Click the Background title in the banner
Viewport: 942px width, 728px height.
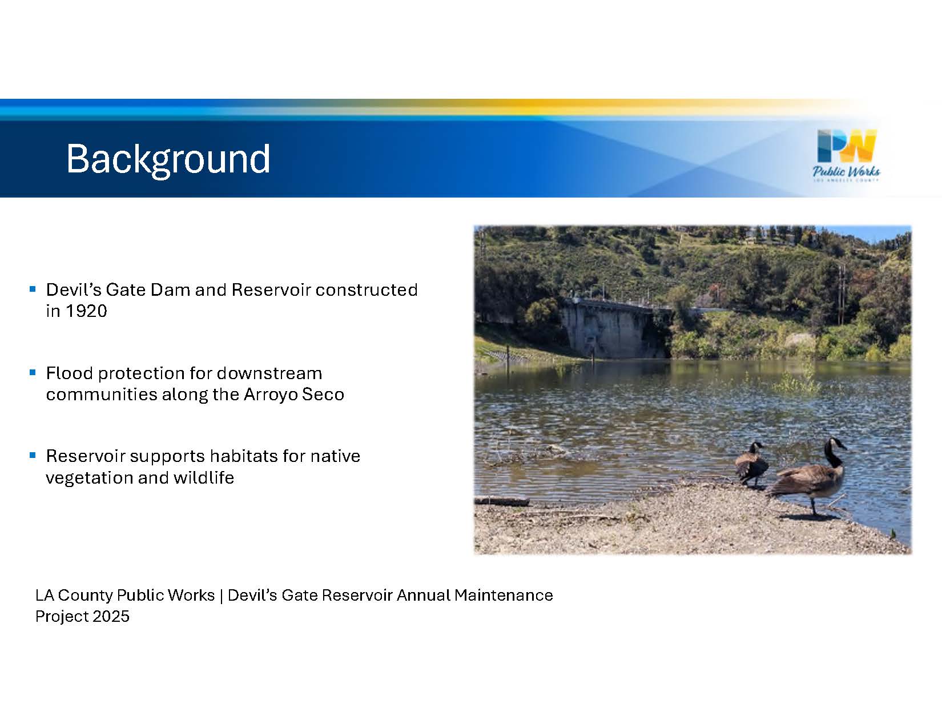168,159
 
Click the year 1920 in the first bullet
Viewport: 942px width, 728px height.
86,311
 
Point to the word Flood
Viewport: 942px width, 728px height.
69,373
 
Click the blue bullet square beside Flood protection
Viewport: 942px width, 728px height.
33,372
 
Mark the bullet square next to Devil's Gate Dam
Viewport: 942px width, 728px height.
33,289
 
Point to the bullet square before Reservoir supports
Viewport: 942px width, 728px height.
33,455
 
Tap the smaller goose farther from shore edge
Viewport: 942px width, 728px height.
752,465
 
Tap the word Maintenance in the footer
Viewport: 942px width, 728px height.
504,595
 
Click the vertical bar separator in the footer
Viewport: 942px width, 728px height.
221,596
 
